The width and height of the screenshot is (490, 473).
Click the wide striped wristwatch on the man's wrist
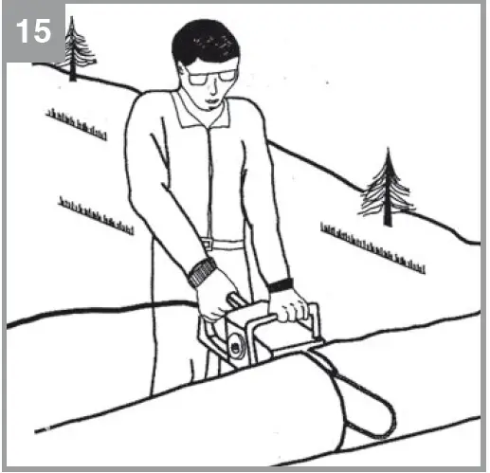[201, 273]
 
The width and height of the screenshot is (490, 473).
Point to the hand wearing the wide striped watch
[216, 296]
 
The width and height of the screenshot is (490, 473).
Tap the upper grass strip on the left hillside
[76, 122]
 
